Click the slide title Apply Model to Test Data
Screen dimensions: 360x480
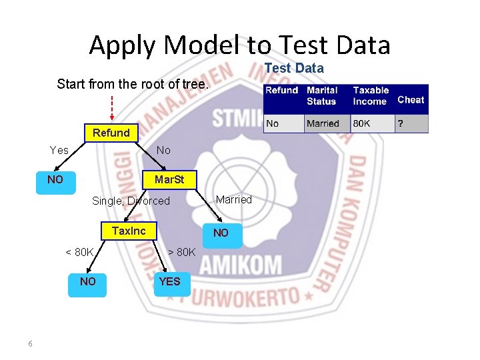pos(239,45)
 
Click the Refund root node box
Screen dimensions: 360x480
pos(111,133)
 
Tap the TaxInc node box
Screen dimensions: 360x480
pos(129,231)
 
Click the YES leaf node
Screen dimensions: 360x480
pos(169,282)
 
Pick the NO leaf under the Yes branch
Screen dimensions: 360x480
pos(55,180)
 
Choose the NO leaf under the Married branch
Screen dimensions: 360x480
pos(220,233)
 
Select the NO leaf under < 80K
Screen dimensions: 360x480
pos(87,282)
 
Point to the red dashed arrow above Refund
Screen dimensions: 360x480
pos(111,107)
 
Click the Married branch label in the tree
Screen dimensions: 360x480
pos(233,199)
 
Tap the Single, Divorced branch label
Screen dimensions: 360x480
pos(131,201)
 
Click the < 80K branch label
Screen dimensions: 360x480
pos(79,252)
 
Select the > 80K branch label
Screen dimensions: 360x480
pos(181,252)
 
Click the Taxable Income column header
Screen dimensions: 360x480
pos(371,95)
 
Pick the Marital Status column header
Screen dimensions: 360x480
pos(322,95)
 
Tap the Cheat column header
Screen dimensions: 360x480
pos(411,99)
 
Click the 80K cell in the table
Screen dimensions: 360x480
pos(362,123)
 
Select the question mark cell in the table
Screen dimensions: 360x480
pos(401,123)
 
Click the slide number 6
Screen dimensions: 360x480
pos(30,343)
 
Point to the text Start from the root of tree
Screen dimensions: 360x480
pos(133,84)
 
